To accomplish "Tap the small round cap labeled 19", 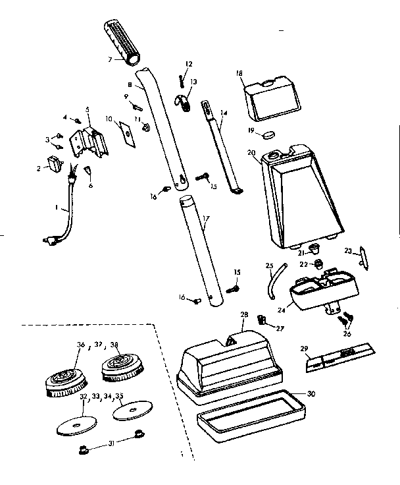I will [x=268, y=135].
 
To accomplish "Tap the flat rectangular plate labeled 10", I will [x=125, y=131].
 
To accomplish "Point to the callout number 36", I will [x=81, y=345].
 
